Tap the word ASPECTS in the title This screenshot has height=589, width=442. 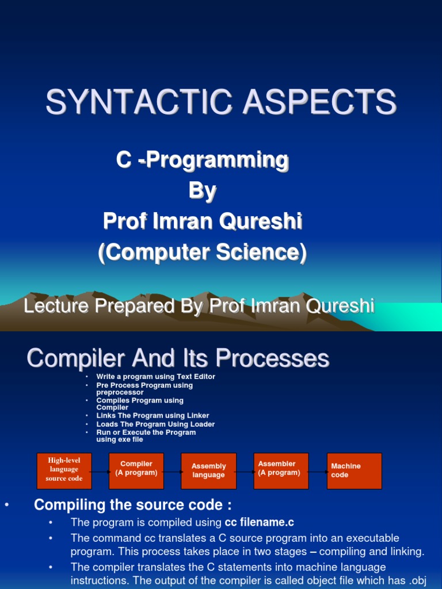coord(319,101)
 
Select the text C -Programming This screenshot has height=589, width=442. coord(203,160)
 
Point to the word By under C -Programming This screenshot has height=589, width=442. coord(203,191)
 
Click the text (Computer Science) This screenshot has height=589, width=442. coord(203,252)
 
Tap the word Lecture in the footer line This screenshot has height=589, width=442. coord(57,305)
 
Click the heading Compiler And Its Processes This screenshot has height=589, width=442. coord(178,358)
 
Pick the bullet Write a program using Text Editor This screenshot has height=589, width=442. coord(155,376)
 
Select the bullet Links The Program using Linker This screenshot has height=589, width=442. coord(153,415)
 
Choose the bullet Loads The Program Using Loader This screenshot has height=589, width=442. coord(155,424)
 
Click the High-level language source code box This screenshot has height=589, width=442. coord(64,471)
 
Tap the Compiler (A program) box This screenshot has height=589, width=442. coord(136,471)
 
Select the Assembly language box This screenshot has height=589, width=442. coord(208,471)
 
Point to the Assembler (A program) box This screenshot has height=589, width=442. coord(281,471)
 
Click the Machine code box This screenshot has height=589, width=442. coord(355,471)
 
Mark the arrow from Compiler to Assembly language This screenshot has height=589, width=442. coord(173,472)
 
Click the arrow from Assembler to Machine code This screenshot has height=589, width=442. coord(318,472)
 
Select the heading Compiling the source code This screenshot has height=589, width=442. coord(133,505)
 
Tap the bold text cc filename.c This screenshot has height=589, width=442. coord(260,522)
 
